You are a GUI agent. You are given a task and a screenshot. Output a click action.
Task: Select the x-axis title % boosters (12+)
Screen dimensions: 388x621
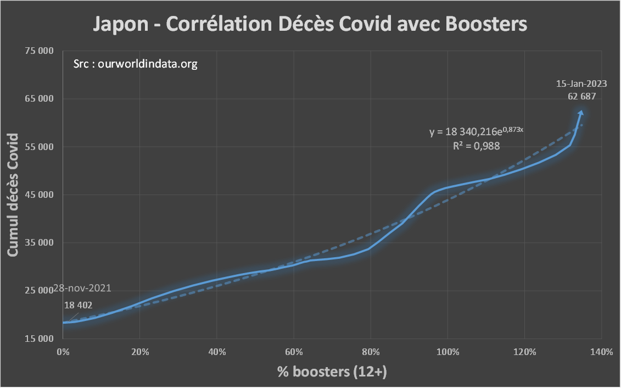(x=332, y=372)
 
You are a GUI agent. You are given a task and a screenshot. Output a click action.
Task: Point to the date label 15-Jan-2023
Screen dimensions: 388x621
(x=581, y=84)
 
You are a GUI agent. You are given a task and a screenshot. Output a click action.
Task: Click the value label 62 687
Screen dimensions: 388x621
(x=581, y=96)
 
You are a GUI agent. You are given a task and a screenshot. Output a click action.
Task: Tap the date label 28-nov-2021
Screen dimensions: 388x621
(x=82, y=289)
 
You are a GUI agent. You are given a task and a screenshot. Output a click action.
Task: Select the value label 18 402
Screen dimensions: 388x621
(x=79, y=305)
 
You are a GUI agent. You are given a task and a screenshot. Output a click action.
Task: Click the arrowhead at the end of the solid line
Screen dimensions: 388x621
(x=581, y=113)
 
